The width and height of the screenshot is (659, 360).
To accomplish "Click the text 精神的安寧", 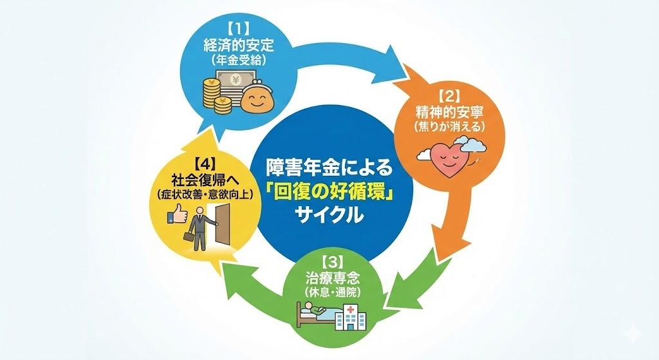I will coord(450,111).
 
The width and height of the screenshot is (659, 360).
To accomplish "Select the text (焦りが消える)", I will coord(450,126).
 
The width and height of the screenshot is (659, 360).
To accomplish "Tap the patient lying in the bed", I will coord(317,314).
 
